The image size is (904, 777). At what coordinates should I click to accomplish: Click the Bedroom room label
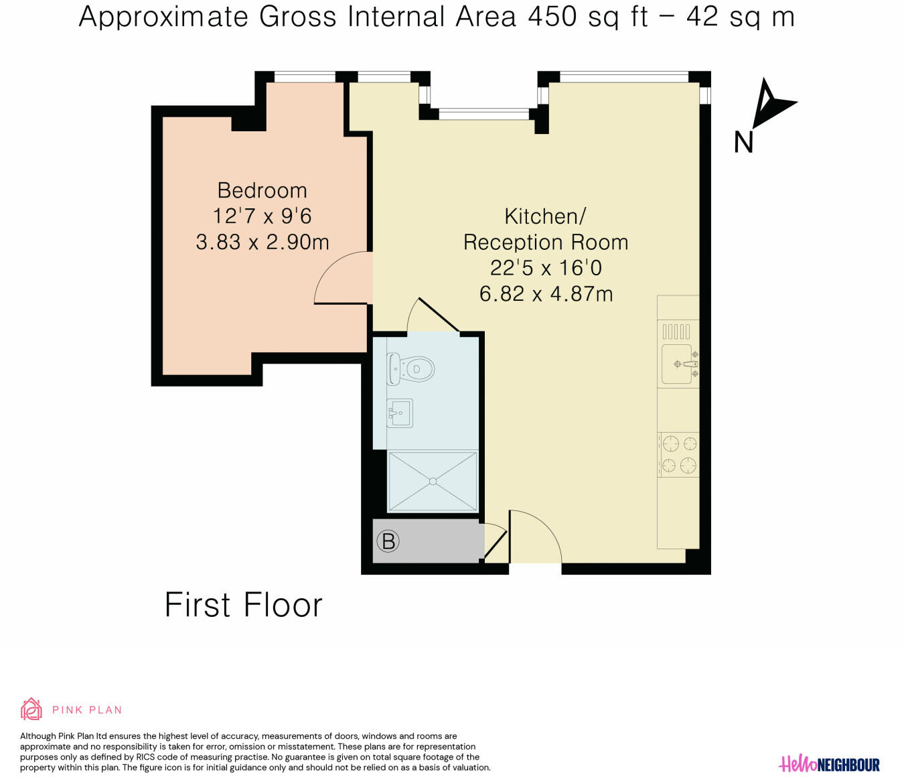262,191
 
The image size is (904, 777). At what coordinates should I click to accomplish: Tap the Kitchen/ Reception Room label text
546,229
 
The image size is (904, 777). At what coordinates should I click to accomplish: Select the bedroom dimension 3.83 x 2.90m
262,242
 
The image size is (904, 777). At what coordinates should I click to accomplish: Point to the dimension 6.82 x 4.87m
546,293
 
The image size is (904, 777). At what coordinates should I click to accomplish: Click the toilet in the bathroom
411,369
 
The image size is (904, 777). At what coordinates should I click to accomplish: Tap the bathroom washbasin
400,413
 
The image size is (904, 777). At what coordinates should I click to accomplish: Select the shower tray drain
433,481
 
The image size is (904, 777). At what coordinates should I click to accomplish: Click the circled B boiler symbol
388,541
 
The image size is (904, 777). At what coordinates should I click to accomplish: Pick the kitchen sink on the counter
678,364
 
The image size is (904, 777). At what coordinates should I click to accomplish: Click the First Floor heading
244,605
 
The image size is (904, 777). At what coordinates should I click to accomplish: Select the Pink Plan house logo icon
31,709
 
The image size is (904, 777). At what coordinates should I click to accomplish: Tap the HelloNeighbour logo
829,765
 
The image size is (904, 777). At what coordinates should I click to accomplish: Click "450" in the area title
552,17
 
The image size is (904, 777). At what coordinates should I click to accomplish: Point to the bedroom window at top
305,77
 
